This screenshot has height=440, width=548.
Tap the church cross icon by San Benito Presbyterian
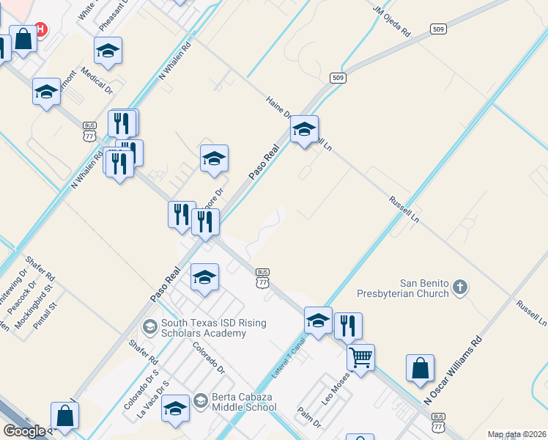tap(459, 287)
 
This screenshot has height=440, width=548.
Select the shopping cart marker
tap(360, 358)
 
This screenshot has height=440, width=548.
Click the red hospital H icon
tap(41, 29)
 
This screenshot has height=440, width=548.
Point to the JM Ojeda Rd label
tap(392, 22)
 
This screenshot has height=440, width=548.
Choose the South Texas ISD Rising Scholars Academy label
tap(204, 328)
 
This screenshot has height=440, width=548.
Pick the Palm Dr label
tap(310, 418)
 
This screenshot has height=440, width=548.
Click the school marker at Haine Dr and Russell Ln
tap(305, 130)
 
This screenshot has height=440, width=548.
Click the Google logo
tap(24, 430)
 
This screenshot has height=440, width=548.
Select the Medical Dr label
tap(97, 81)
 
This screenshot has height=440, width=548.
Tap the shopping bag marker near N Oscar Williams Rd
tap(421, 368)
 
